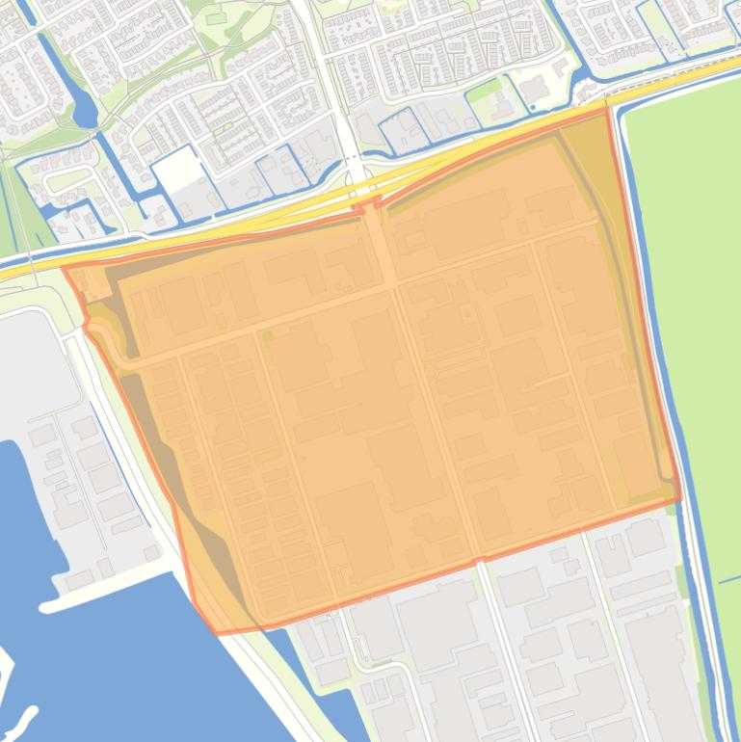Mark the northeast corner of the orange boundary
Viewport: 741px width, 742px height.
tap(607, 110)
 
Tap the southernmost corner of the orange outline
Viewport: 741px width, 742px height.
tap(218, 633)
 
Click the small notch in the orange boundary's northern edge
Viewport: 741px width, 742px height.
tap(367, 206)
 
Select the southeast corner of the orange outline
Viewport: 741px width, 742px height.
tap(679, 498)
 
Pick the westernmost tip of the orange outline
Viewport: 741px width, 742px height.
tap(65, 269)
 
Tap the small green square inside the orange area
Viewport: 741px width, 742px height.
tap(267, 335)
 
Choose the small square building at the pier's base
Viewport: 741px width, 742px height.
tap(151, 553)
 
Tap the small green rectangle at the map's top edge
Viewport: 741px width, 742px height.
tap(213, 16)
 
